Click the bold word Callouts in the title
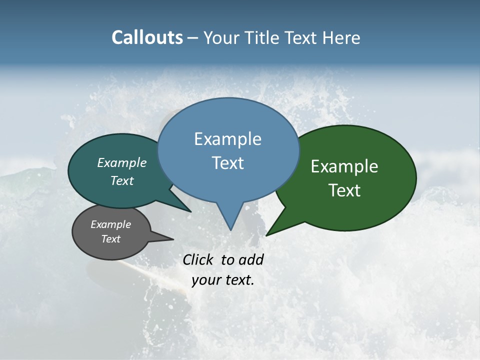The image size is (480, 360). [x=147, y=37]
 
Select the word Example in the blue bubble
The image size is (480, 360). [x=227, y=139]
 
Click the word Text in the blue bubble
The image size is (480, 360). [x=227, y=163]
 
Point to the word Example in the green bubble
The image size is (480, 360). [x=344, y=166]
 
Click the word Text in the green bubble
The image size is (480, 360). [x=344, y=190]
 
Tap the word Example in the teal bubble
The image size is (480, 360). [x=121, y=163]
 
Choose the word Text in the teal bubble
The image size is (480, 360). [x=121, y=180]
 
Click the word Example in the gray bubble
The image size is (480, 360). [x=110, y=224]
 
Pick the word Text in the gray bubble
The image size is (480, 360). [x=110, y=239]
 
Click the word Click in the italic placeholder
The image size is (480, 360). [x=199, y=259]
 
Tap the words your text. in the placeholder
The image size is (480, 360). [x=223, y=280]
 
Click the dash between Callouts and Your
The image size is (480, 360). [x=193, y=38]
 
